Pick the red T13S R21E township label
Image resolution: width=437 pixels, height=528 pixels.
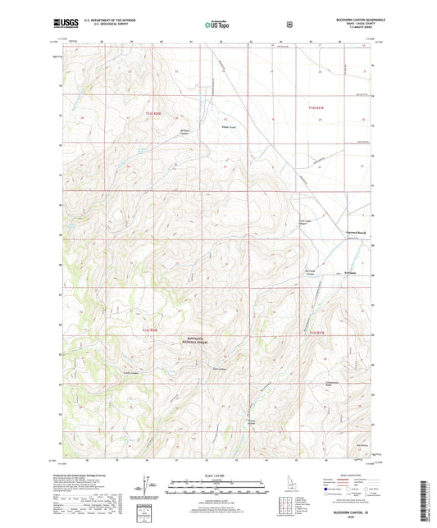point(316,332)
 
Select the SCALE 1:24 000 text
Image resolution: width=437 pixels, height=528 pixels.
point(217,476)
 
